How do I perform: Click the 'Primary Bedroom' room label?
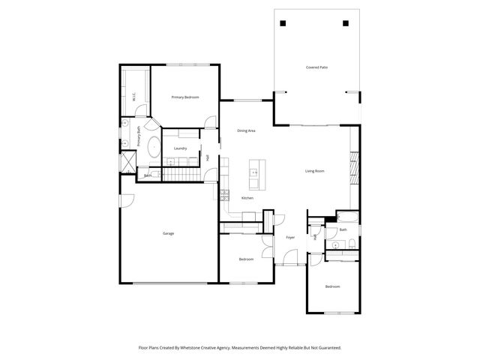(x=184, y=97)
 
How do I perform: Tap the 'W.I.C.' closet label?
(x=133, y=96)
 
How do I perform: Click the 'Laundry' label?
(x=180, y=148)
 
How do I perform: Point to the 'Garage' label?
(x=168, y=233)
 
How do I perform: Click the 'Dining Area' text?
(x=246, y=130)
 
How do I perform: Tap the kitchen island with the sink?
(x=255, y=177)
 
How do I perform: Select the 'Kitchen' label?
(x=247, y=198)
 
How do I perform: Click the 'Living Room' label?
(x=314, y=171)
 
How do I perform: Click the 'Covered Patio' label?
(x=316, y=67)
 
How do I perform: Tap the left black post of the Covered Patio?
(x=284, y=22)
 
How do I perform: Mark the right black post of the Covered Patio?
(x=346, y=22)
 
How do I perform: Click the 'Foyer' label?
(x=289, y=237)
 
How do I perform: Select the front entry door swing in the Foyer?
(x=285, y=259)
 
